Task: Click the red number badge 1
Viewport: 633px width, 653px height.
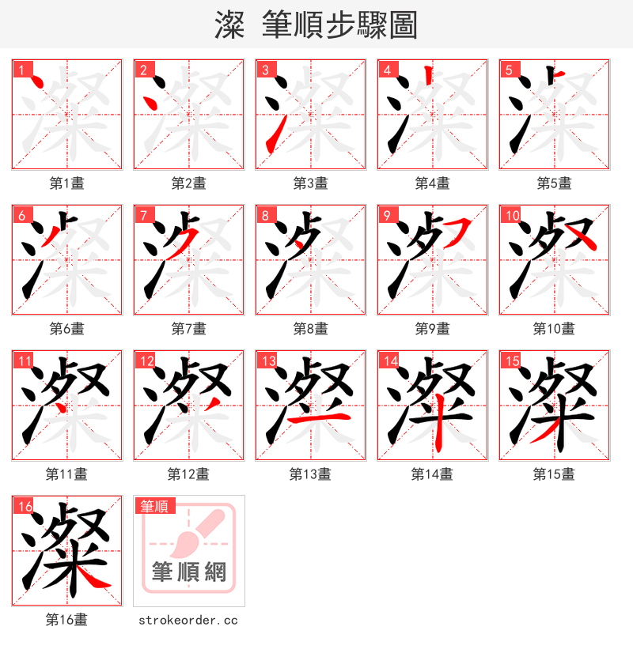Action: [20, 69]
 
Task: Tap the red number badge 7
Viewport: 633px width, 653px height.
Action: [142, 215]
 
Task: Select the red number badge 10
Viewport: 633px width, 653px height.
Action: [511, 215]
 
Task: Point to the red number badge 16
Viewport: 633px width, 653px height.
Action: [24, 506]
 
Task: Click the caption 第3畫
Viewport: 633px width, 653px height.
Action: [310, 183]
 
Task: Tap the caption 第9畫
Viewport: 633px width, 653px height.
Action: [432, 329]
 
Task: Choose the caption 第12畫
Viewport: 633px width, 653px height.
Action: [188, 474]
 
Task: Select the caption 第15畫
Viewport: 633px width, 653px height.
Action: [554, 474]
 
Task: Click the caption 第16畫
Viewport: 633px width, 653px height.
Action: [66, 620]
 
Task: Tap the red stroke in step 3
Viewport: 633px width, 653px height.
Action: [272, 139]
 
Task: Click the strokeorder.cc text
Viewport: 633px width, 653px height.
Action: [188, 621]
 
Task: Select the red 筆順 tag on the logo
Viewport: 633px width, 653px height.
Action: [154, 506]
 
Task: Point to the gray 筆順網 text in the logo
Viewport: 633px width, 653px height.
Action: [189, 571]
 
